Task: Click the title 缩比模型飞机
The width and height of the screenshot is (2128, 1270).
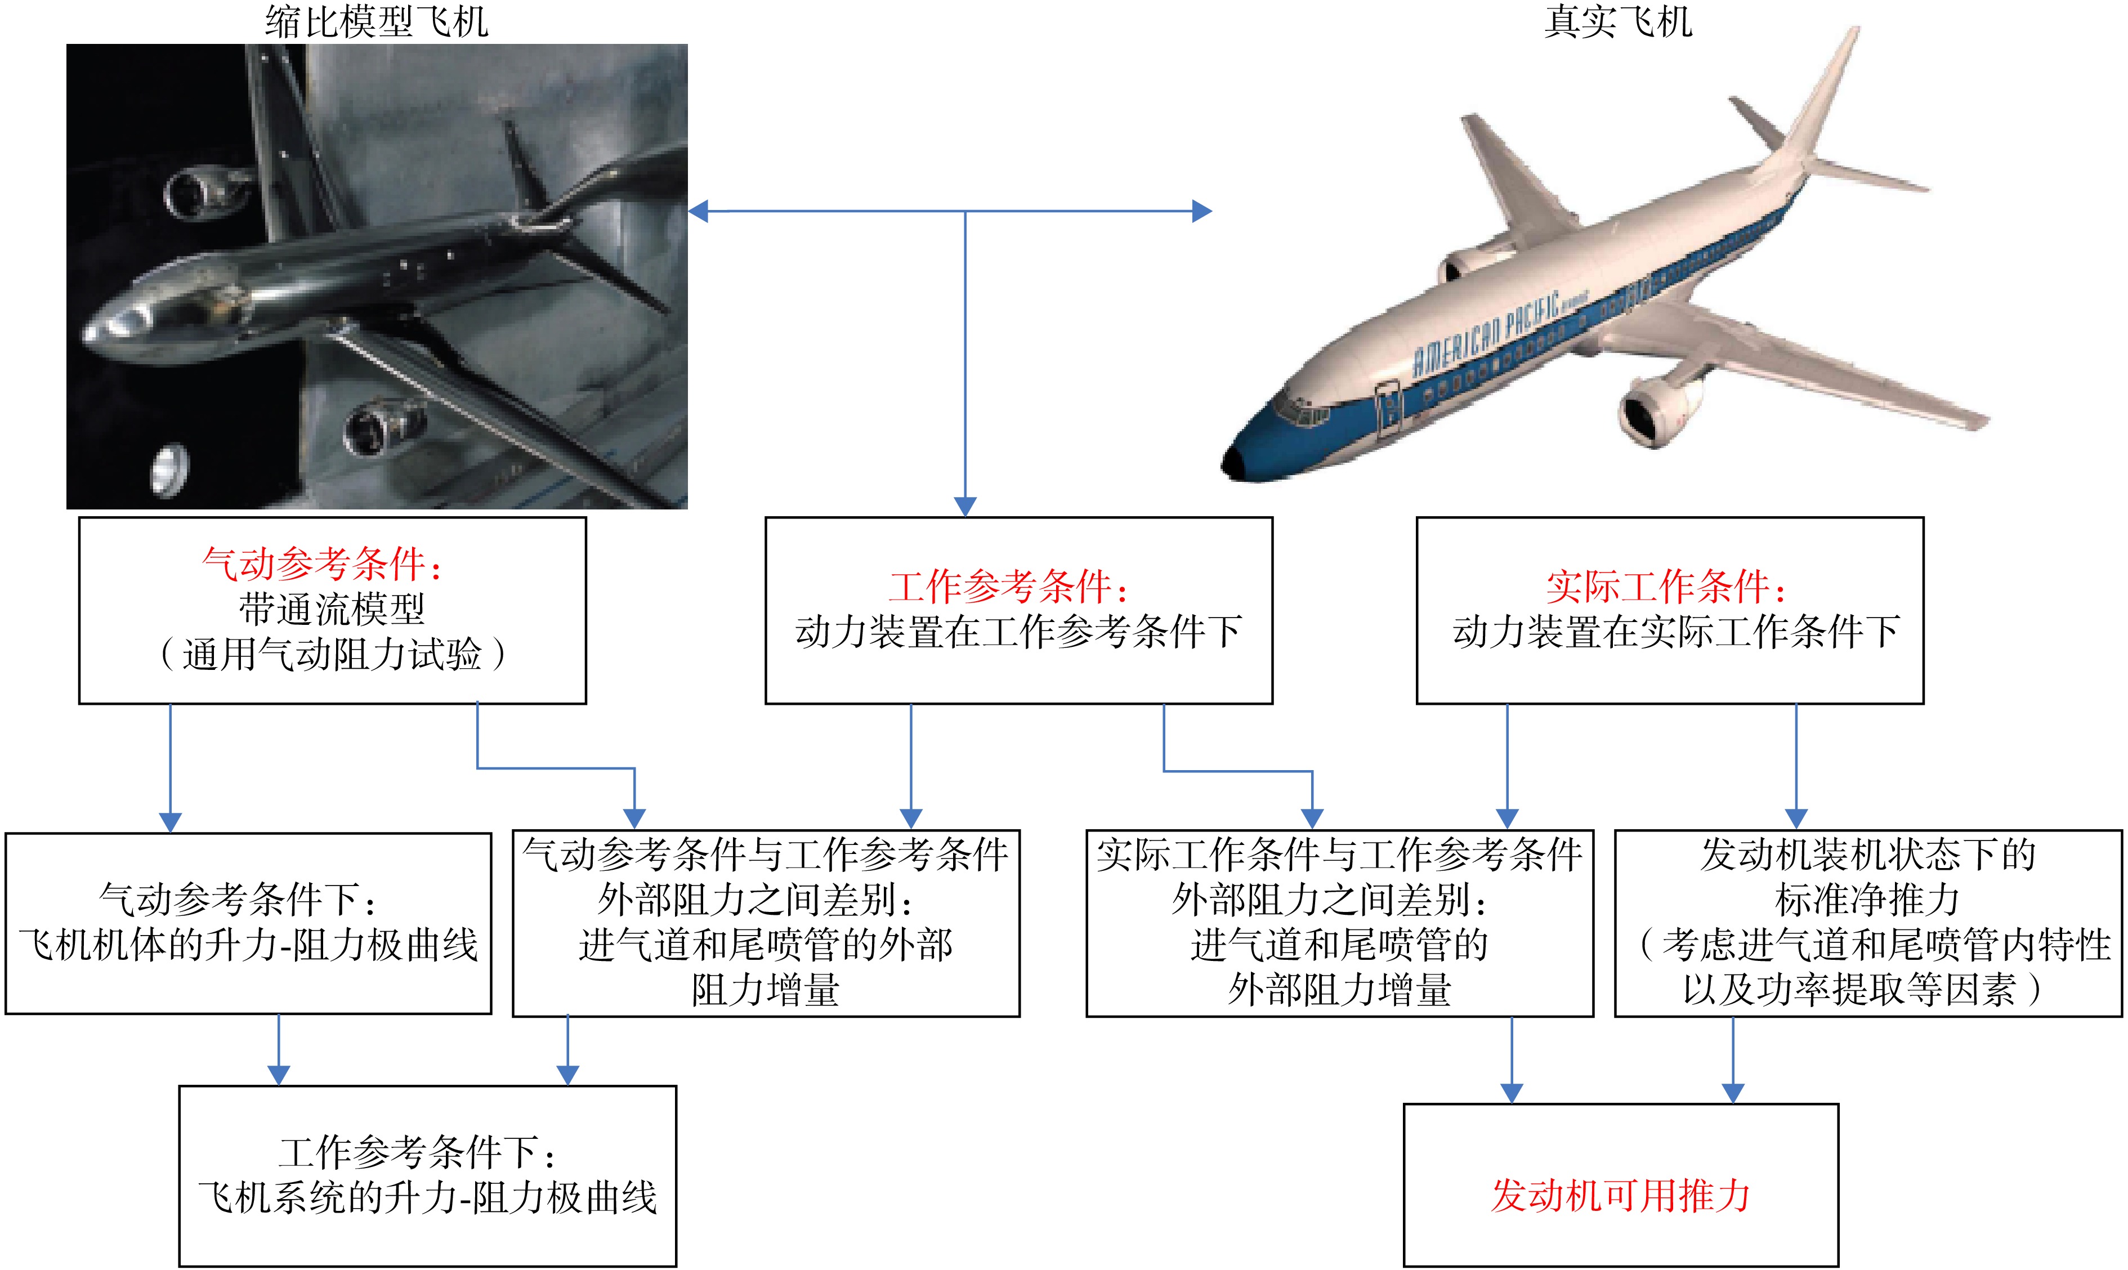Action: click(377, 21)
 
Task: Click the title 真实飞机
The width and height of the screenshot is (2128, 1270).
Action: click(1618, 21)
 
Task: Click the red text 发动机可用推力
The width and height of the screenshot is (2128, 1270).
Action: click(1621, 1196)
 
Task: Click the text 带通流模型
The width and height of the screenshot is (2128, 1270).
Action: click(332, 609)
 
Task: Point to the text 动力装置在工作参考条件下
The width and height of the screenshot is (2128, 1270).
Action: click(1018, 632)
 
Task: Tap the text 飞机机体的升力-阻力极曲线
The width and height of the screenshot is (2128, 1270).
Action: click(248, 945)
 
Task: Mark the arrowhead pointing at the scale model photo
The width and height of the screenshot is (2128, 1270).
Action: click(698, 211)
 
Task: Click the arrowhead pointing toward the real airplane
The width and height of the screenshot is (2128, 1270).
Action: click(1202, 211)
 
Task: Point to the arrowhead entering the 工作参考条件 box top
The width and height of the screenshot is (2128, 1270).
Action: click(965, 507)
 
